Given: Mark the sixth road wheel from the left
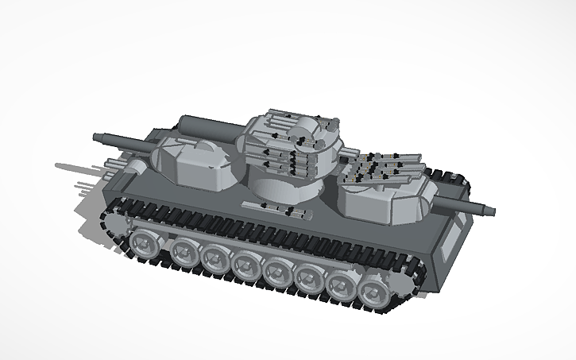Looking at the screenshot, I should pos(311,280).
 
